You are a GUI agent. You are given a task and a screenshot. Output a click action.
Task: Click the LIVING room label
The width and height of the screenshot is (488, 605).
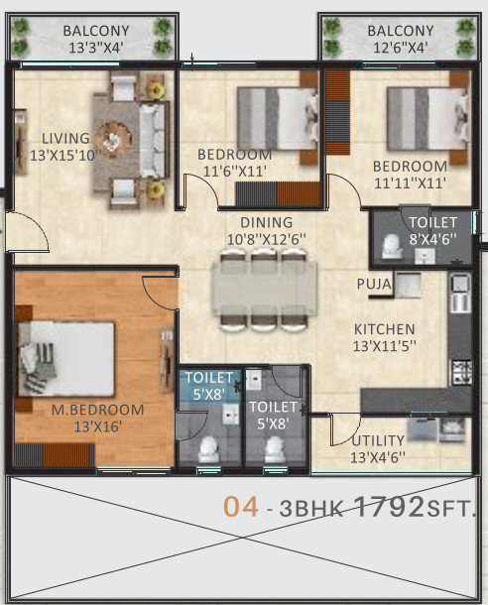(x=65, y=139)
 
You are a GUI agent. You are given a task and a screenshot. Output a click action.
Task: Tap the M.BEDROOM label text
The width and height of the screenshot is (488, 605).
(x=97, y=410)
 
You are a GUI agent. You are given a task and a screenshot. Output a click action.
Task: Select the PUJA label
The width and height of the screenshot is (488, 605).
(x=374, y=285)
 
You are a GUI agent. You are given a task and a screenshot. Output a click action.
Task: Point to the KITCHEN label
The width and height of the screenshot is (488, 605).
(x=385, y=329)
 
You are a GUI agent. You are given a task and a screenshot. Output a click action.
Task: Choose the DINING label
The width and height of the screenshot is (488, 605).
(x=267, y=222)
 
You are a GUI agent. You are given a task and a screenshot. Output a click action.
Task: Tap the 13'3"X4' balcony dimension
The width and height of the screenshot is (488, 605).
(x=96, y=48)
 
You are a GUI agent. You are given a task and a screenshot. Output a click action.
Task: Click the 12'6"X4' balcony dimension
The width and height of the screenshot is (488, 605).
(x=401, y=48)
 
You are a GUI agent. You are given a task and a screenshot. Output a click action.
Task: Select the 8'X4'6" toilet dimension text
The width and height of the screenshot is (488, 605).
(x=432, y=239)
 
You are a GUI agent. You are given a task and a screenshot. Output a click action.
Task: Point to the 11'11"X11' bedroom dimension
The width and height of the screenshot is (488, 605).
(x=410, y=183)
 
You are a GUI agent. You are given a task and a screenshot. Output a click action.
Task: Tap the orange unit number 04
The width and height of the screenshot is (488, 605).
(x=241, y=507)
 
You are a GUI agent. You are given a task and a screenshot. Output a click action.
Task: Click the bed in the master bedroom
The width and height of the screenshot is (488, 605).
(x=66, y=358)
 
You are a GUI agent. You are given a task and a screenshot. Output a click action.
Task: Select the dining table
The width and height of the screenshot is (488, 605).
(x=264, y=290)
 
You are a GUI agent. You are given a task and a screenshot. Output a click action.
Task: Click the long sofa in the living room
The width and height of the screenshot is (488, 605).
(x=155, y=141)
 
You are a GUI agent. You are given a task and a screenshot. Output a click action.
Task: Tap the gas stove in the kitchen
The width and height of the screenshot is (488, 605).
(x=462, y=372)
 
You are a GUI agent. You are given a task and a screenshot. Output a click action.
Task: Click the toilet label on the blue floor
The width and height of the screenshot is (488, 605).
(x=208, y=386)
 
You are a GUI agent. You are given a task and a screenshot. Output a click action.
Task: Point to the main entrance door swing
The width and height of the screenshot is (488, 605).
(x=28, y=232)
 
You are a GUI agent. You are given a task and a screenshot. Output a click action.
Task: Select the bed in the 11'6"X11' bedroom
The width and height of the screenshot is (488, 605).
(x=278, y=118)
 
